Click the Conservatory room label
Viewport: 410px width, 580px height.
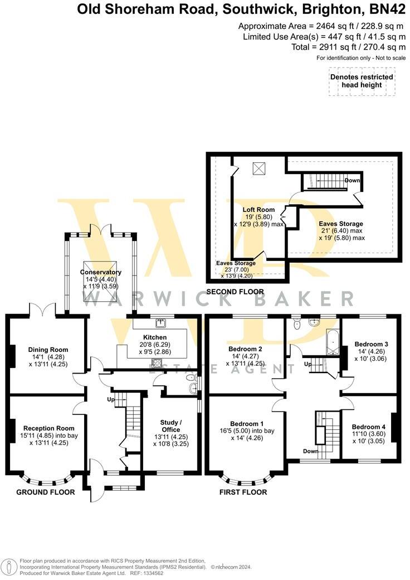100,272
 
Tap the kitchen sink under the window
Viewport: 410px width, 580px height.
160,322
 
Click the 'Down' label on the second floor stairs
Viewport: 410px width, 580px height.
352,181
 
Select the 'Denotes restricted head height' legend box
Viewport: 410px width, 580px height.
362,81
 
